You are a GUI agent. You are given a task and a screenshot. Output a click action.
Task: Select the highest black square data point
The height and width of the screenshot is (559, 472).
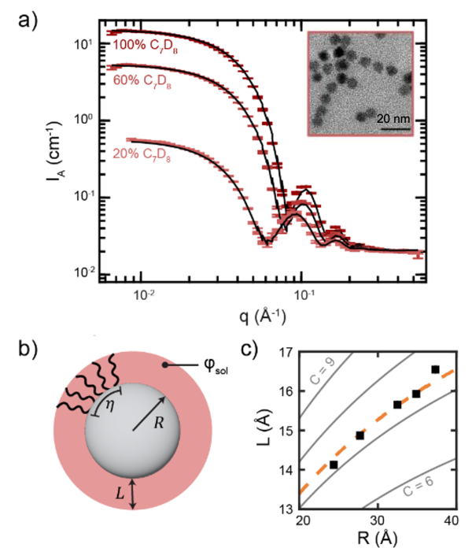(x=435, y=369)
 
